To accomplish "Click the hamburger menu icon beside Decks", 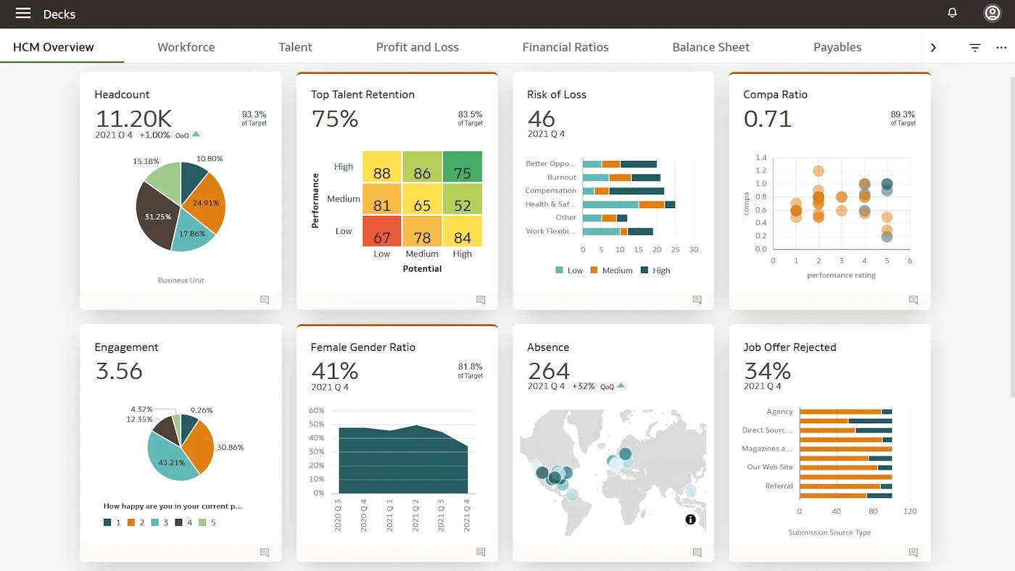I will pos(23,14).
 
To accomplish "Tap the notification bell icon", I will pos(953,13).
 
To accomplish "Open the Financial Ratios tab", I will pos(565,47).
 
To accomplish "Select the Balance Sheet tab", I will pos(710,47).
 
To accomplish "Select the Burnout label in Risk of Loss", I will pos(561,177).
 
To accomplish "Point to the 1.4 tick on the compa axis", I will pos(761,157).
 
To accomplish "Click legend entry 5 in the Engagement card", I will pos(207,522).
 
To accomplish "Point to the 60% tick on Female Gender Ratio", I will pos(316,410).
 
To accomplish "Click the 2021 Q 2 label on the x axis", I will pos(416,515).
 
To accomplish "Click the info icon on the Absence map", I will pos(690,520).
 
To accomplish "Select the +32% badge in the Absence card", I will pos(584,386).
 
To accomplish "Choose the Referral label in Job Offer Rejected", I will pos(779,486).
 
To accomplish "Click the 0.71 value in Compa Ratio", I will pos(768,118).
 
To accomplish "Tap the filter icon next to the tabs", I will pos(975,48).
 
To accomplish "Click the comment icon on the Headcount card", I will pos(265,300).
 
